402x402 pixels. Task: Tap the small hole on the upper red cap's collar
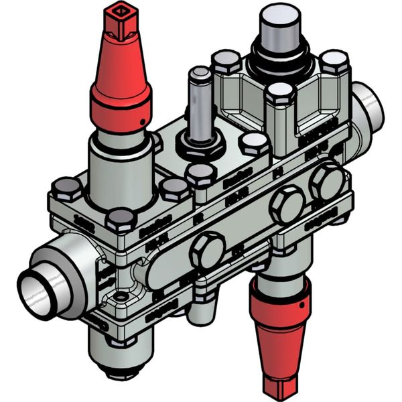tap(143, 121)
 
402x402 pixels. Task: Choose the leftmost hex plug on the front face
tap(207, 251)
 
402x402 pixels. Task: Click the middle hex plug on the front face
tap(286, 205)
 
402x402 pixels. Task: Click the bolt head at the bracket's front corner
tap(280, 94)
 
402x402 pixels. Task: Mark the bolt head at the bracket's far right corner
tap(333, 62)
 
